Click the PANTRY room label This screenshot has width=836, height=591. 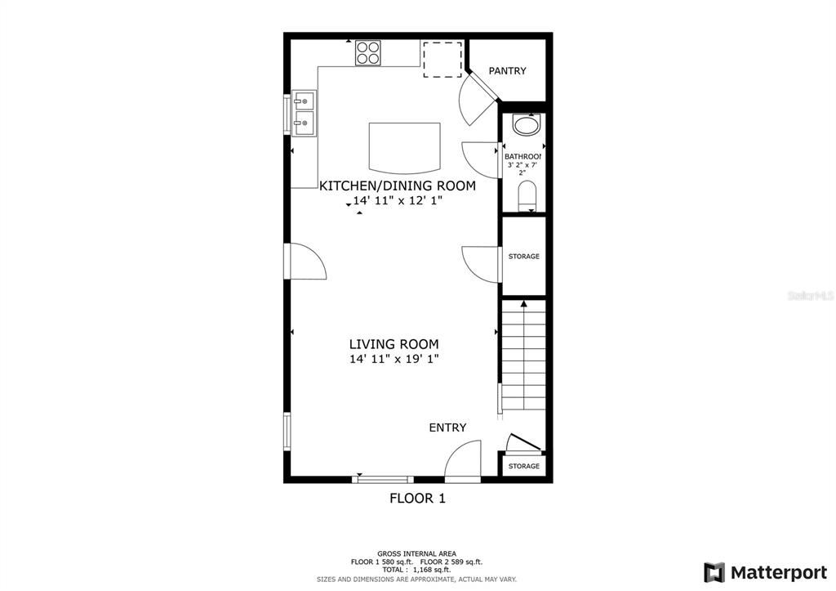coord(507,70)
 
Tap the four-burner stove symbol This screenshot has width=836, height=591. coord(368,53)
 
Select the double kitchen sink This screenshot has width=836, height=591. coord(304,114)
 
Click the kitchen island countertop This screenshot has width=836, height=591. coord(405,148)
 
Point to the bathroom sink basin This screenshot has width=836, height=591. coord(527,124)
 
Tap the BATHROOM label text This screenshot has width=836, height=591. coord(522,156)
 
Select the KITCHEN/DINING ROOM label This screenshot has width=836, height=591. coord(398,186)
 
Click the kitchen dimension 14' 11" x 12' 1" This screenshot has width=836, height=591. coord(398,201)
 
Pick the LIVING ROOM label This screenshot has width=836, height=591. coord(394,344)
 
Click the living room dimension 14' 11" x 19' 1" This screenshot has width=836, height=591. coord(394,359)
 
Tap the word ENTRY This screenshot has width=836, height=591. coord(448,428)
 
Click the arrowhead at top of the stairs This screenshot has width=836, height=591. coord(523,304)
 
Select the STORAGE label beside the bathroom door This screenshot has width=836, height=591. coord(523,256)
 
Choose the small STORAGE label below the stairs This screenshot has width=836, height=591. coord(523,466)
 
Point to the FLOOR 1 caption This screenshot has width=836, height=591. coord(417,499)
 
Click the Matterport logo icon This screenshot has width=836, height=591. coord(714,572)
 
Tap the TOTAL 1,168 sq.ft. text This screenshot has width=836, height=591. coord(416,570)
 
